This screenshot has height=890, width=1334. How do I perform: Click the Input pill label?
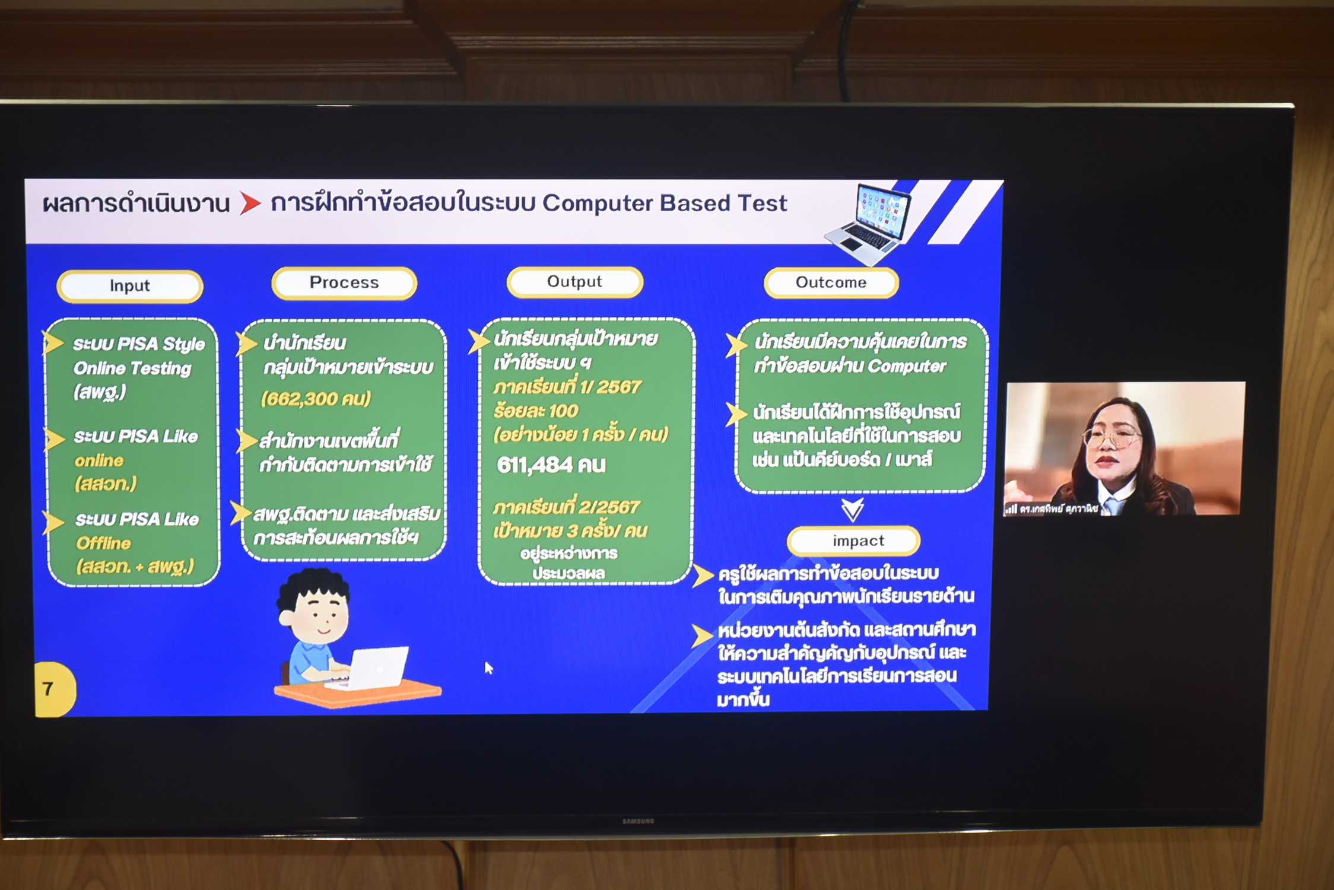pyautogui.click(x=130, y=286)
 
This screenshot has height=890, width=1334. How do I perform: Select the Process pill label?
pyautogui.click(x=344, y=282)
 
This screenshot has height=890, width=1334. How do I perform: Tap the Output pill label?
pyautogui.click(x=574, y=282)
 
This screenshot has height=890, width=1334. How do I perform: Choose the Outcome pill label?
pyautogui.click(x=831, y=282)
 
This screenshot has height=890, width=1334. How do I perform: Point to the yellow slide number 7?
pyautogui.click(x=48, y=688)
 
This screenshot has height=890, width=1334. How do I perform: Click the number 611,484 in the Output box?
pyautogui.click(x=535, y=465)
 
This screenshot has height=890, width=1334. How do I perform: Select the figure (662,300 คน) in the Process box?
pyautogui.click(x=316, y=398)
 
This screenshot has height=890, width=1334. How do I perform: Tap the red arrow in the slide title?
pyautogui.click(x=250, y=203)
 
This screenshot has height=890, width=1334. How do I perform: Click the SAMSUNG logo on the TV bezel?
pyautogui.click(x=638, y=821)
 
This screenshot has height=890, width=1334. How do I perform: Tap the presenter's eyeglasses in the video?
pyautogui.click(x=1111, y=438)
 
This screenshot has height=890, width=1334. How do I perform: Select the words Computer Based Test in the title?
pyautogui.click(x=665, y=204)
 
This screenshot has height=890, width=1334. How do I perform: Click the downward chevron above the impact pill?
pyautogui.click(x=852, y=509)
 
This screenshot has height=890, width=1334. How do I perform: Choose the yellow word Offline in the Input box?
pyautogui.click(x=104, y=543)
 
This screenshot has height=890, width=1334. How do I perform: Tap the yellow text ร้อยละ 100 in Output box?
pyautogui.click(x=535, y=411)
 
